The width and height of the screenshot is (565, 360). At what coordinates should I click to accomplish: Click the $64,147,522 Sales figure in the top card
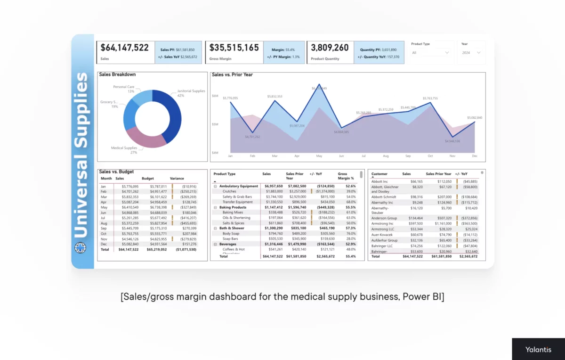pos(125,48)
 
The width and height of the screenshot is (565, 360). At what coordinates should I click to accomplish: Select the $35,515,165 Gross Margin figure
pos(234,48)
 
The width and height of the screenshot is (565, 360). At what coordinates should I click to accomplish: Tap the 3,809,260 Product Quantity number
pos(330,48)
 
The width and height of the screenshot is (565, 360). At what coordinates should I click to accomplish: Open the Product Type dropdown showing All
pos(431,53)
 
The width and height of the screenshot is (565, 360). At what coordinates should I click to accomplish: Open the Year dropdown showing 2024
pos(471,53)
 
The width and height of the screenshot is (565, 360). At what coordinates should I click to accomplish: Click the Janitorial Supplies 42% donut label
pos(191,93)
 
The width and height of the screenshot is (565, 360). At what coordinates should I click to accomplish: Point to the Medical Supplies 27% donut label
pos(124,150)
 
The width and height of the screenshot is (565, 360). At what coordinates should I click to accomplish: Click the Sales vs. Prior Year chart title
pos(232,74)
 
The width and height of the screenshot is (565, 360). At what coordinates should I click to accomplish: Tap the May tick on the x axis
pos(319,155)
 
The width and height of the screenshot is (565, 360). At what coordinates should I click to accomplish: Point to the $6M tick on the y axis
pos(215,96)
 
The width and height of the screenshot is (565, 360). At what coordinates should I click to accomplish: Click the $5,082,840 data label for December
pos(474,117)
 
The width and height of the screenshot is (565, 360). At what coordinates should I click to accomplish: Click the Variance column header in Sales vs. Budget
pos(177,179)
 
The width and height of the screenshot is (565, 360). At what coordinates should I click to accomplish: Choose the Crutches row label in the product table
pos(229,191)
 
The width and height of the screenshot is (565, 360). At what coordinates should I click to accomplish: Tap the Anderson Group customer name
pos(384,218)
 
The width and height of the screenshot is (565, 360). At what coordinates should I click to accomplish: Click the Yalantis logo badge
pos(538,349)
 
